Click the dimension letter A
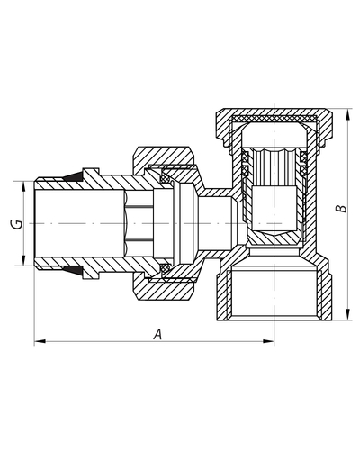point(157,334)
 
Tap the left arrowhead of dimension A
point(40,341)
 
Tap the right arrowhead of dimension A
point(268,341)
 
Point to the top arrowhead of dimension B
point(347,114)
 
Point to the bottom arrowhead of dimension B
point(347,314)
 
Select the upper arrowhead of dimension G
point(23,187)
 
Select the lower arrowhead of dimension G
point(23,260)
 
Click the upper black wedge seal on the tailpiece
point(74,177)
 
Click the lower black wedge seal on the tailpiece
point(74,270)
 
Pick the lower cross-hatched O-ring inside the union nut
point(165,268)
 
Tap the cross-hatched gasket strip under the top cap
point(274,120)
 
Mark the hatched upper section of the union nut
point(164,157)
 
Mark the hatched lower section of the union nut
point(164,290)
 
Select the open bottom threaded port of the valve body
point(274,294)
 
